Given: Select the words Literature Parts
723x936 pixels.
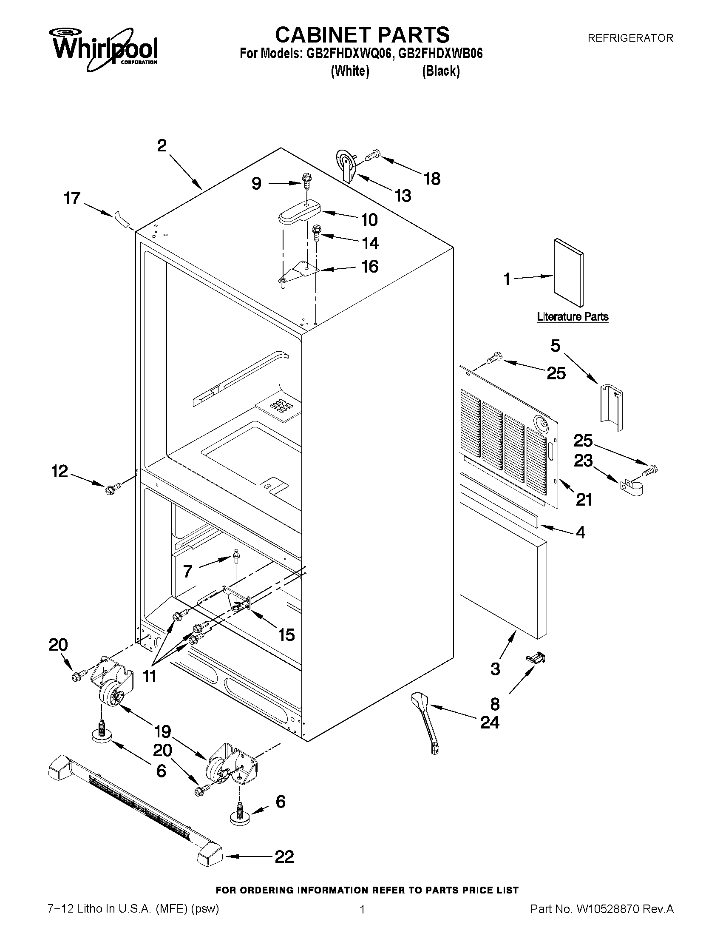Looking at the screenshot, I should (573, 317).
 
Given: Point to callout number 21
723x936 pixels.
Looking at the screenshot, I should (584, 499).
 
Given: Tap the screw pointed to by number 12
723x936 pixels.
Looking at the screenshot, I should (113, 488).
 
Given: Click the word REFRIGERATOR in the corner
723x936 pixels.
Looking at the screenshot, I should (630, 38).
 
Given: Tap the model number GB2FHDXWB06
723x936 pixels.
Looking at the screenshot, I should (440, 54).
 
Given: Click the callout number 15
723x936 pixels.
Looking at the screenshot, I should (286, 635).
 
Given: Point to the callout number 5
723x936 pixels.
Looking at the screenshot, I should (555, 345).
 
